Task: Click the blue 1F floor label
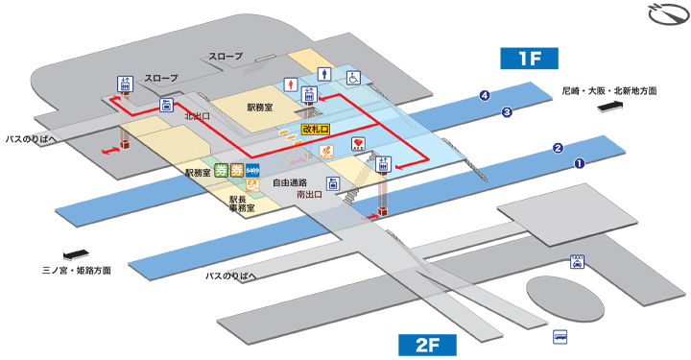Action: (x=531, y=58)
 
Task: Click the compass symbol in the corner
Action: (x=662, y=15)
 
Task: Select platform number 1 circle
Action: (x=580, y=163)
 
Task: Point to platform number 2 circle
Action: (x=557, y=148)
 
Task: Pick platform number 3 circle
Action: (x=507, y=112)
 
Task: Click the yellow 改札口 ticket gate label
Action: (x=315, y=129)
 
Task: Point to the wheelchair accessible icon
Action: (x=353, y=78)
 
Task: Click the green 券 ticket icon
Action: (x=222, y=172)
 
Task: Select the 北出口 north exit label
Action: (x=197, y=116)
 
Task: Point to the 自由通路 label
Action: (x=290, y=181)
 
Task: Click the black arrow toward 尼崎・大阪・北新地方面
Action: (x=610, y=108)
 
